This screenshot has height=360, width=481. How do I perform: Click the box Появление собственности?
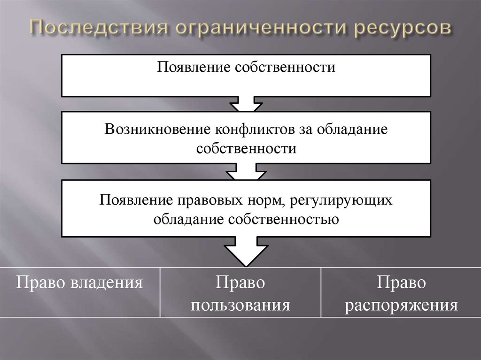point(246,75)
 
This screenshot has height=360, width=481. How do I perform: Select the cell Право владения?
point(80,291)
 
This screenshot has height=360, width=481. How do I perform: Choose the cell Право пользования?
point(240,291)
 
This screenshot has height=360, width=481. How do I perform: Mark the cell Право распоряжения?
point(401,291)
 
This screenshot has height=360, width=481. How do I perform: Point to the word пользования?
point(240,306)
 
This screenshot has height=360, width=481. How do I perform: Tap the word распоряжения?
point(401,306)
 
